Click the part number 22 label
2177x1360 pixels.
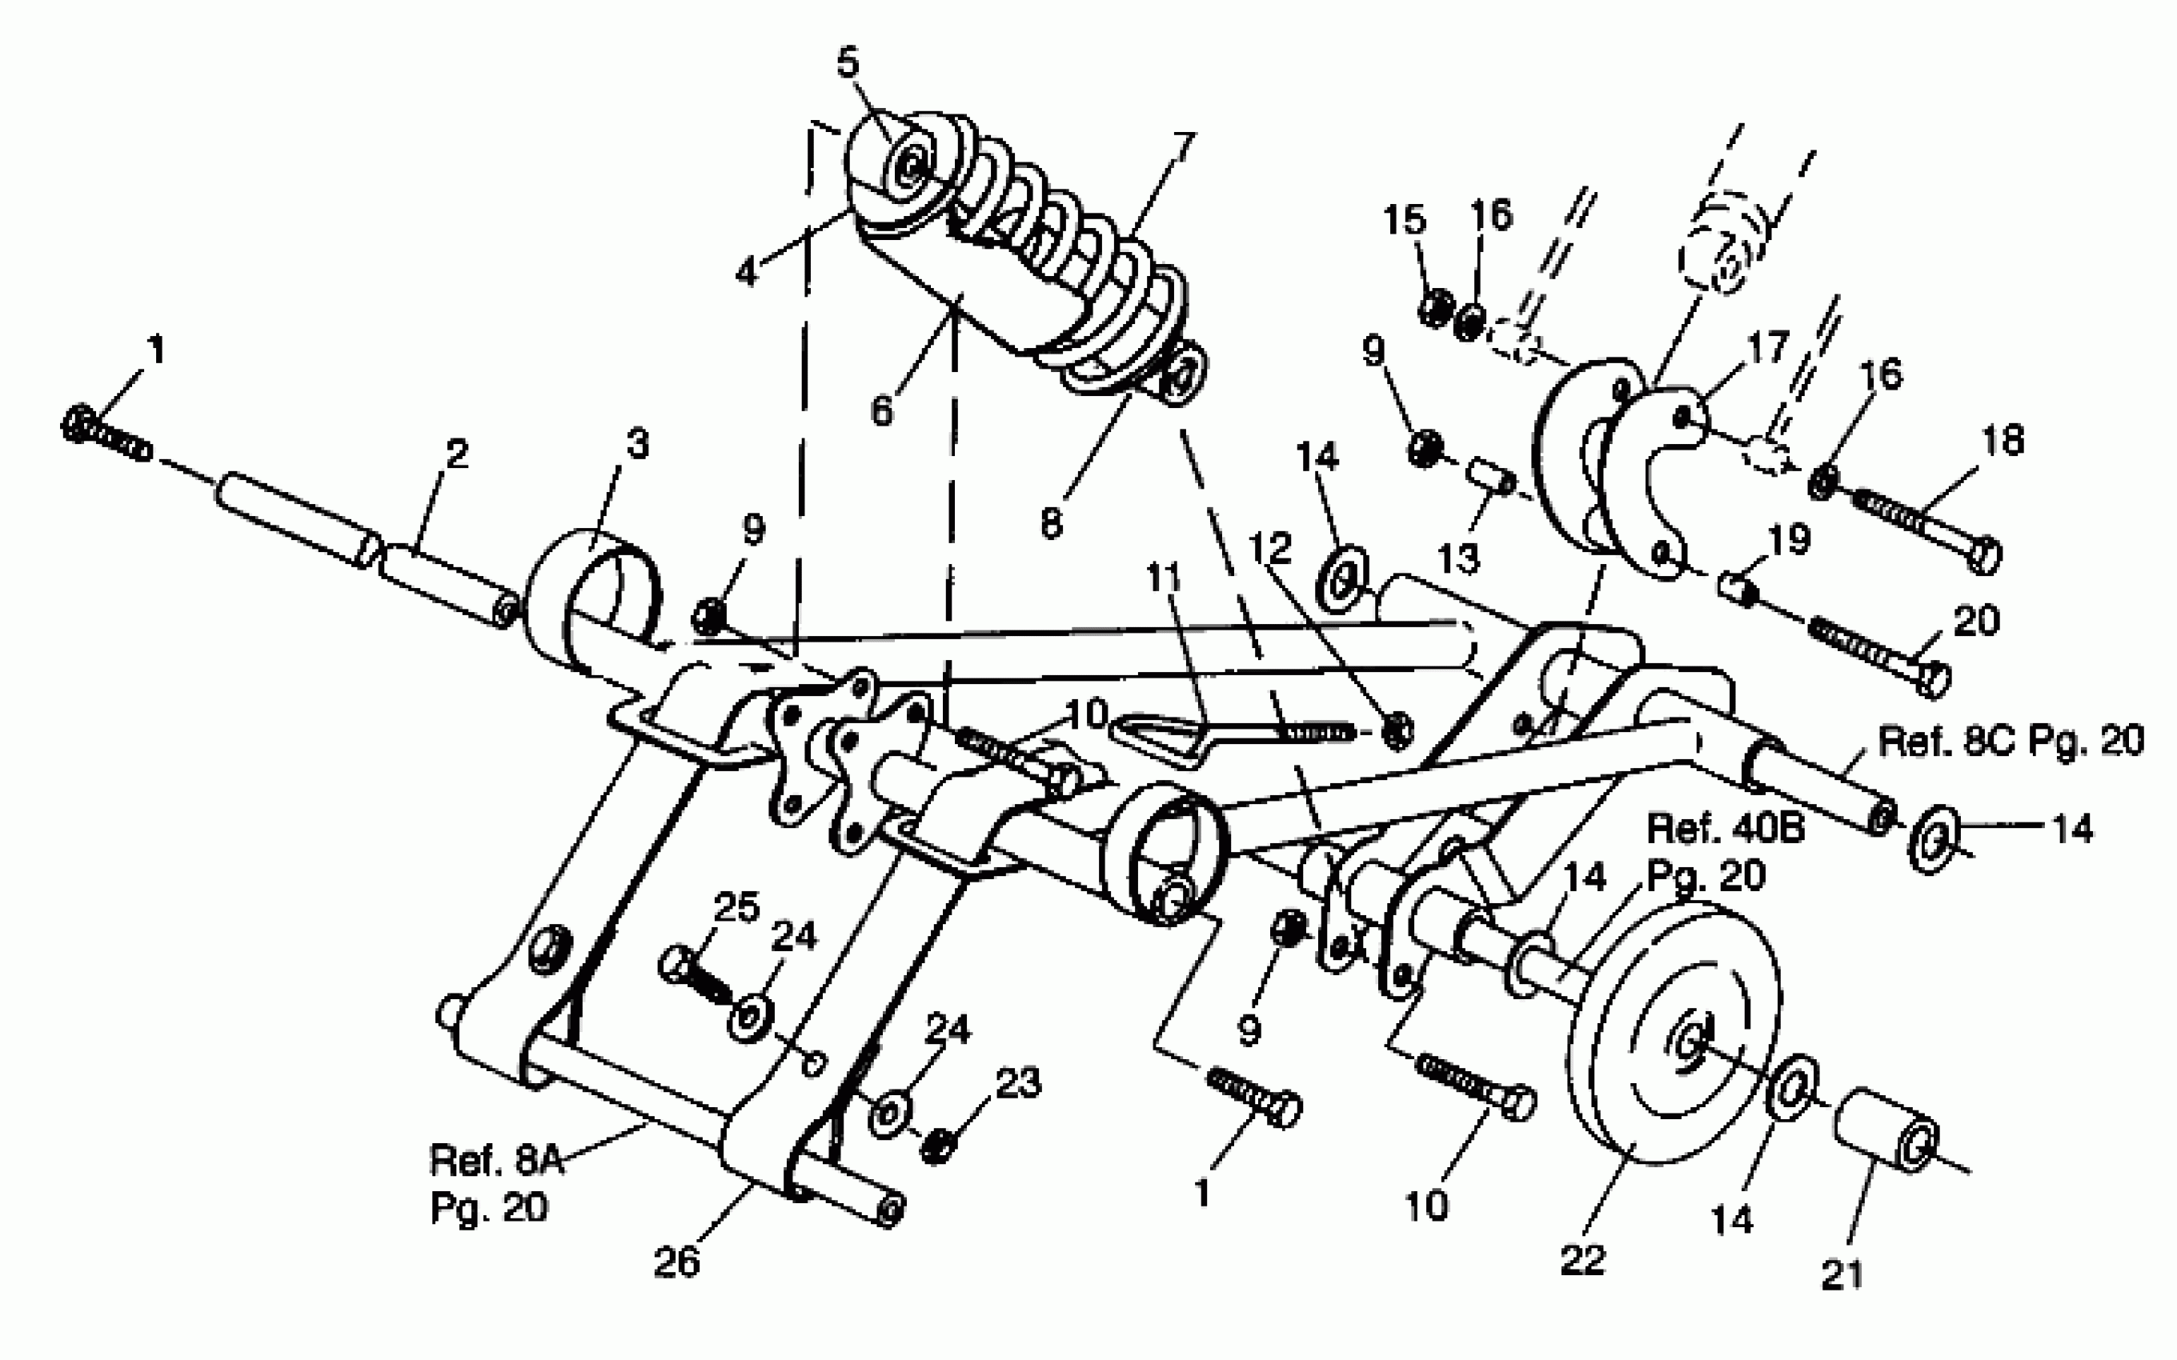pos(1583,1260)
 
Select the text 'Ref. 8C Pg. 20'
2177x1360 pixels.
pos(2011,741)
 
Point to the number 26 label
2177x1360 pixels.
pos(676,1261)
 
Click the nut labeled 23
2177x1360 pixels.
pos(937,1146)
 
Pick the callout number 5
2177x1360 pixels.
pos(848,63)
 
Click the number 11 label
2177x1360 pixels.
pos(1162,578)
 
